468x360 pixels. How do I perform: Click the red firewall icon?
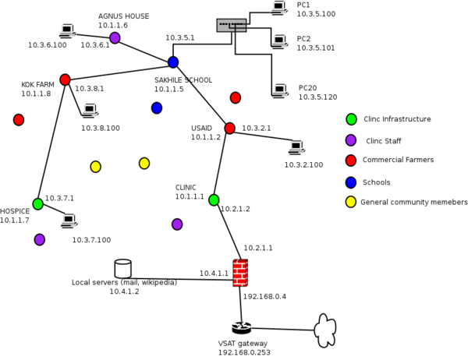click(240, 273)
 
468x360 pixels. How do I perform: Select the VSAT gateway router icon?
click(242, 328)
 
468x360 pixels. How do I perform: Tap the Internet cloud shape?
click(325, 330)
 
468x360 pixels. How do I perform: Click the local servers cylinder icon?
click(123, 269)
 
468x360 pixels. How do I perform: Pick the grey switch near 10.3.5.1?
click(232, 26)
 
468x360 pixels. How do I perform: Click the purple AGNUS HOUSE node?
click(115, 38)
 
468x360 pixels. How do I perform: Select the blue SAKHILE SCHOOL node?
click(173, 62)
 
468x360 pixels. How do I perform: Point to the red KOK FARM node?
click(65, 79)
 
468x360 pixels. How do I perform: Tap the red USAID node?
click(229, 128)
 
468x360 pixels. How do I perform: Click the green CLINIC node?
click(214, 199)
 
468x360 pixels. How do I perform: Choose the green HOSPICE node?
click(38, 204)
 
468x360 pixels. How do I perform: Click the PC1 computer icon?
click(279, 8)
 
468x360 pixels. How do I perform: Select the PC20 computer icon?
click(280, 90)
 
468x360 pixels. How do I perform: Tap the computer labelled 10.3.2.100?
click(296, 147)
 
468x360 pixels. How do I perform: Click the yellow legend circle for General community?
click(351, 202)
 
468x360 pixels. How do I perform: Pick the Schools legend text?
click(377, 182)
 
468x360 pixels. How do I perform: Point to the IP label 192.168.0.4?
click(264, 296)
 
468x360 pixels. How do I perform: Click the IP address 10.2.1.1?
click(258, 248)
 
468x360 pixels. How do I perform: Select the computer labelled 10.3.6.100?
click(67, 31)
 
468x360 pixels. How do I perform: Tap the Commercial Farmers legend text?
click(398, 160)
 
